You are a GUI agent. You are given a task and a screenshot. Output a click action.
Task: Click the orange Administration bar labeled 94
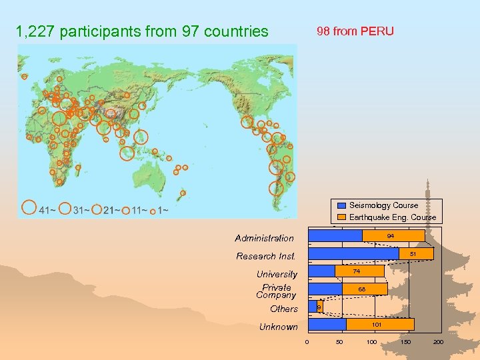(x=393, y=235)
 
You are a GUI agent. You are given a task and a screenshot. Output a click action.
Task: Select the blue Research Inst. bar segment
(x=353, y=253)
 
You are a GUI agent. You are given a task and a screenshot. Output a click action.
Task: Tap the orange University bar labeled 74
(x=359, y=271)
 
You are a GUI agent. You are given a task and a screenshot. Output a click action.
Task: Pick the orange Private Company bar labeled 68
(x=364, y=289)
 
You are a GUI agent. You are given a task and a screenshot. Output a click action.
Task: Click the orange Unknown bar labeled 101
(x=380, y=324)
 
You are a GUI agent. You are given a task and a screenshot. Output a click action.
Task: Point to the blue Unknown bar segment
(x=327, y=324)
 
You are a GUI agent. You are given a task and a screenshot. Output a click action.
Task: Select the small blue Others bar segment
(x=312, y=306)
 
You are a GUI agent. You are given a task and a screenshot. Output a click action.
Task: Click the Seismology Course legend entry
(x=383, y=205)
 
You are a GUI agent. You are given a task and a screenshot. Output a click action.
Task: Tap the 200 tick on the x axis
(x=438, y=342)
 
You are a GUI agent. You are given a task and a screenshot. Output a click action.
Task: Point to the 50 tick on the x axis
(x=340, y=342)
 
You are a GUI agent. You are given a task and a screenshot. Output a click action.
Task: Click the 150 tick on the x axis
(x=405, y=342)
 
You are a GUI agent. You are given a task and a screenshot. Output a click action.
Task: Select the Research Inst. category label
(x=265, y=256)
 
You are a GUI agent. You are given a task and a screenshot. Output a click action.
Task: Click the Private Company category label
(x=276, y=291)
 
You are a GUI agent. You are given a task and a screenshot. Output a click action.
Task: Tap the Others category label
(x=284, y=309)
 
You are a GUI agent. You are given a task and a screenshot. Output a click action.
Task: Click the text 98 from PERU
(x=355, y=31)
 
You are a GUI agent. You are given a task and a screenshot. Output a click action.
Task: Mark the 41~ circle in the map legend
(x=28, y=208)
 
